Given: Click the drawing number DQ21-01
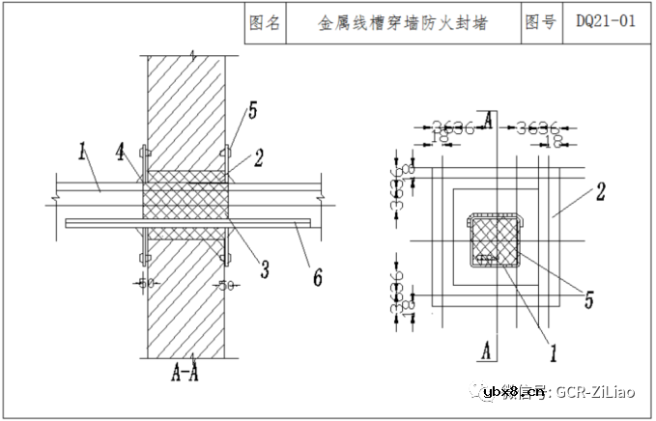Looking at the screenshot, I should pyautogui.click(x=606, y=22).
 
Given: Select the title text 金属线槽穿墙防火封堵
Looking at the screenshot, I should pyautogui.click(x=403, y=22).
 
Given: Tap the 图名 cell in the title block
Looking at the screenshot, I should pyautogui.click(x=265, y=22).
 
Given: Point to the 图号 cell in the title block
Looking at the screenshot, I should pyautogui.click(x=541, y=22).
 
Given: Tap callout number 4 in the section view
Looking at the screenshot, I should pyautogui.click(x=120, y=152).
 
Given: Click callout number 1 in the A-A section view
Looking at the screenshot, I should pyautogui.click(x=83, y=151).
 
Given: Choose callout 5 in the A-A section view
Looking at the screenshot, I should pyautogui.click(x=252, y=111).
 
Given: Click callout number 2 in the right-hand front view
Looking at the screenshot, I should pyautogui.click(x=599, y=191).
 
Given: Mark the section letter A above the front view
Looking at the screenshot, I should pyautogui.click(x=489, y=120).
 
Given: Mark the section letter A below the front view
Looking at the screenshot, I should pyautogui.click(x=489, y=349).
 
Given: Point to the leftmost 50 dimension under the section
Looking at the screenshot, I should pyautogui.click(x=145, y=284).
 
